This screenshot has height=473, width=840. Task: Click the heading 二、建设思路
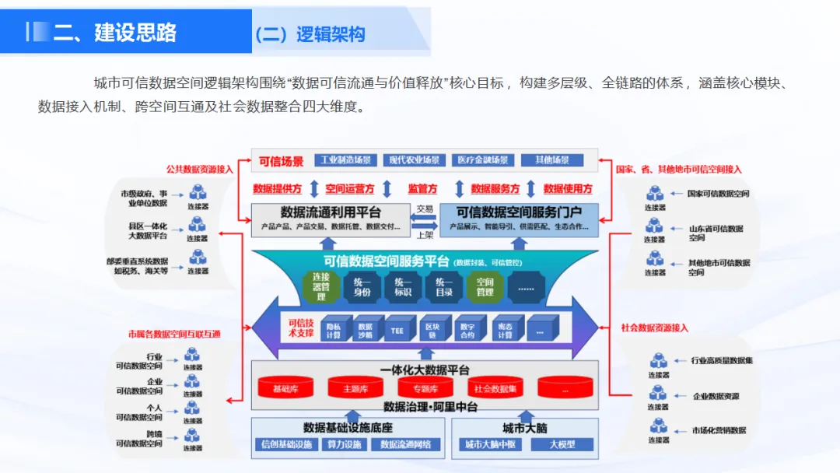(115, 32)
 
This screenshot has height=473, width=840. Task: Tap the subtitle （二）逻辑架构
(309, 34)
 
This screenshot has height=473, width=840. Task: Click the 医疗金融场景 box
(482, 160)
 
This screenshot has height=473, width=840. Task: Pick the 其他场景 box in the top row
(551, 160)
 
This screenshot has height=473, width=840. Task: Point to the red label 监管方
(422, 189)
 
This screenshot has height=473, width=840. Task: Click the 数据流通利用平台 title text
(330, 212)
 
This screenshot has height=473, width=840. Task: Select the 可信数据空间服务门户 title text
(519, 212)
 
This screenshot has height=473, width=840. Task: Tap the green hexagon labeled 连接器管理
(320, 286)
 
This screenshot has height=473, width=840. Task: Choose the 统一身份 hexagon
(362, 287)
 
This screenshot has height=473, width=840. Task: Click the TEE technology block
(397, 330)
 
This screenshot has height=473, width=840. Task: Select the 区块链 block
(432, 330)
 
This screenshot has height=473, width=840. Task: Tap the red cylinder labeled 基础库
(280, 387)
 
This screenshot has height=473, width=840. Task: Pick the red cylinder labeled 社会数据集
(495, 387)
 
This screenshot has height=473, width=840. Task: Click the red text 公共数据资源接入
(200, 169)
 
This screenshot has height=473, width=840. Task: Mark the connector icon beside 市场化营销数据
(659, 429)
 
